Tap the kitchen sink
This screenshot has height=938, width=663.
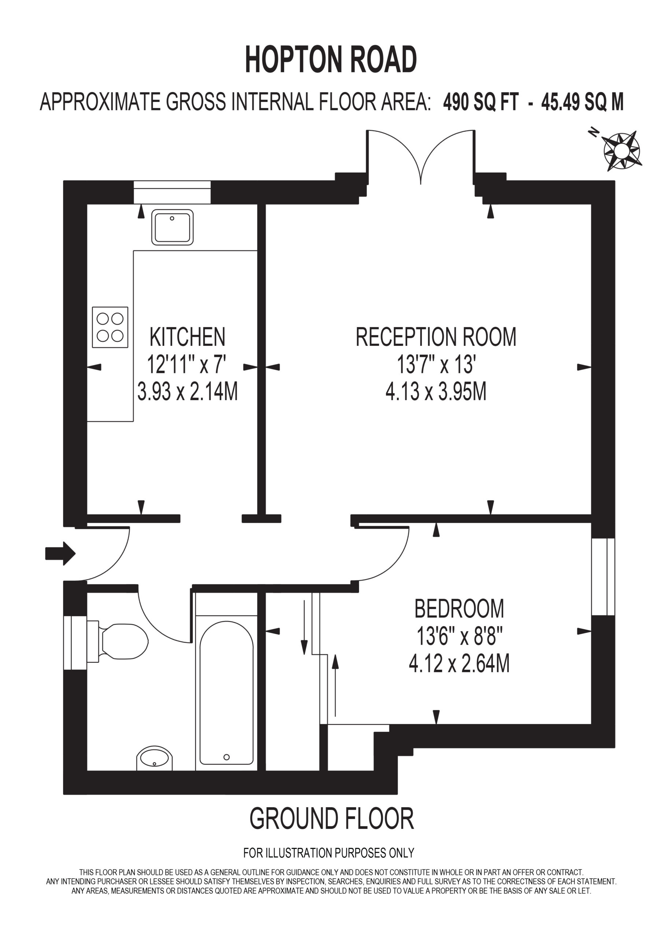(173, 227)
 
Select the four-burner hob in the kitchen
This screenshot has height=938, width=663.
(110, 327)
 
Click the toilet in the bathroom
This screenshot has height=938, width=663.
(118, 641)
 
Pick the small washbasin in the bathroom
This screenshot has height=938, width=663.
(154, 758)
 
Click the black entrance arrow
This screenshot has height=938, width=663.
(60, 554)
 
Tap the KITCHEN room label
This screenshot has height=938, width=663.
(188, 337)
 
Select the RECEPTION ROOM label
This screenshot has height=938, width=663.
(436, 337)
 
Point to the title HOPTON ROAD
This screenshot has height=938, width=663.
(331, 60)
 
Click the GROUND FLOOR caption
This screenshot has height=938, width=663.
(332, 818)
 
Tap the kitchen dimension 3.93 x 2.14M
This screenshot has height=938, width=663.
(188, 391)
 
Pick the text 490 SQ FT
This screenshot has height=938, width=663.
(481, 102)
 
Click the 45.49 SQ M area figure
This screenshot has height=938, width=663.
(582, 102)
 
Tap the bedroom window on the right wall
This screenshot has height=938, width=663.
(603, 577)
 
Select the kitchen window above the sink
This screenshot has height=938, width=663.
(172, 192)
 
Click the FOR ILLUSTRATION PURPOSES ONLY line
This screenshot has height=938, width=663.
(329, 853)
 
